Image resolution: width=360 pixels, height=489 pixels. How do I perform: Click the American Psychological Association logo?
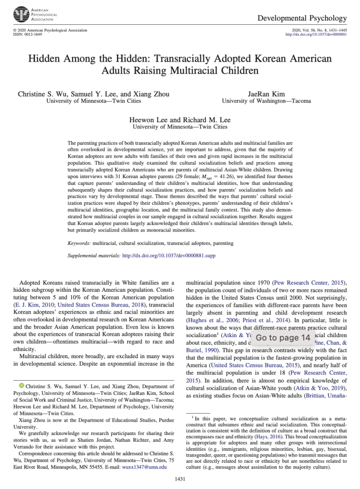(21, 15)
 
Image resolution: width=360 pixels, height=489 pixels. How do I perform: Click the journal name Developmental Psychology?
(302, 18)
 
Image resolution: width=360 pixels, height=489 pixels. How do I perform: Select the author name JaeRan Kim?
(266, 94)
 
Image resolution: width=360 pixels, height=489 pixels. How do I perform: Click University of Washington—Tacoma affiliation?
(266, 101)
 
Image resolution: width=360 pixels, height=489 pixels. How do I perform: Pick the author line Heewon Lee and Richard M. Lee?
(180, 119)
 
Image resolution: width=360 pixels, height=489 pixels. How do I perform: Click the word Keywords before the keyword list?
(79, 243)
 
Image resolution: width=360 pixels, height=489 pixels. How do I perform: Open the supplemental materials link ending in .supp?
(169, 255)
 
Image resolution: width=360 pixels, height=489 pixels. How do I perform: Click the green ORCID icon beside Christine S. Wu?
(21, 399)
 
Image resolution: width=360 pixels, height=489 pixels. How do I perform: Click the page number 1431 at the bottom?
(180, 478)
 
